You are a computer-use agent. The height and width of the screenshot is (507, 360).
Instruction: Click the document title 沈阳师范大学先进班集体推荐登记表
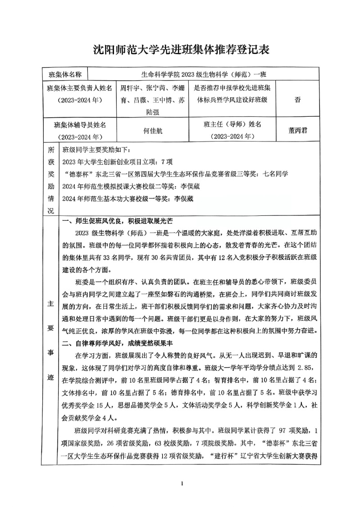tap(181, 50)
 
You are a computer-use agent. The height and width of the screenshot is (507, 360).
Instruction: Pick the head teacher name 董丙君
tap(298, 131)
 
